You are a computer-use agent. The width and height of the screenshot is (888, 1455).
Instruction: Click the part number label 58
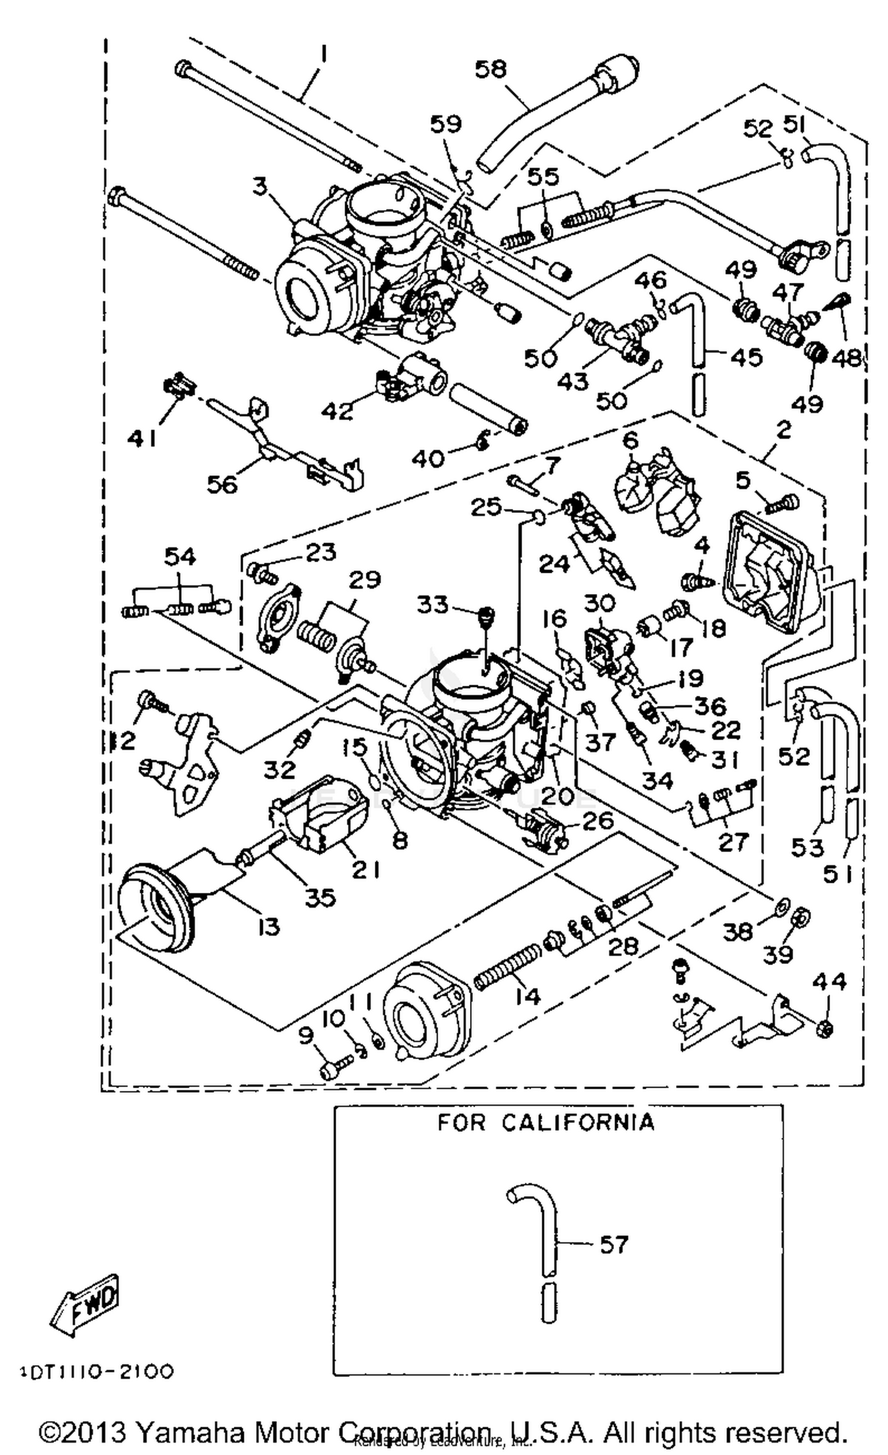(x=491, y=69)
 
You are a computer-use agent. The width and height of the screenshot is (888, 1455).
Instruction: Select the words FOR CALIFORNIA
(x=546, y=1122)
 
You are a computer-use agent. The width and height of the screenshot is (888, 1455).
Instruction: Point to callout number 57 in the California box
(x=613, y=1244)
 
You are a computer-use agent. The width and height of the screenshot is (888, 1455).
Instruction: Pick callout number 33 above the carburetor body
(x=433, y=604)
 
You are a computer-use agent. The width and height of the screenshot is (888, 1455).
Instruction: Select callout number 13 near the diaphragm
(x=269, y=926)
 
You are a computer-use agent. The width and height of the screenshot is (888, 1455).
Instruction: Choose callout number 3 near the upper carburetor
(x=260, y=186)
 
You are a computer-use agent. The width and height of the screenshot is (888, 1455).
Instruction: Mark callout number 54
(x=180, y=556)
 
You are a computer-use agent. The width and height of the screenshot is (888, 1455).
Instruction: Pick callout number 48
(x=847, y=357)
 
